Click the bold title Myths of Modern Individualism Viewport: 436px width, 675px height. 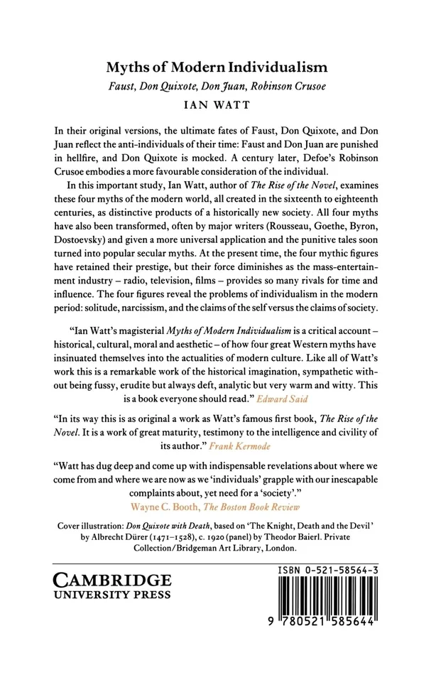point(217,68)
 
